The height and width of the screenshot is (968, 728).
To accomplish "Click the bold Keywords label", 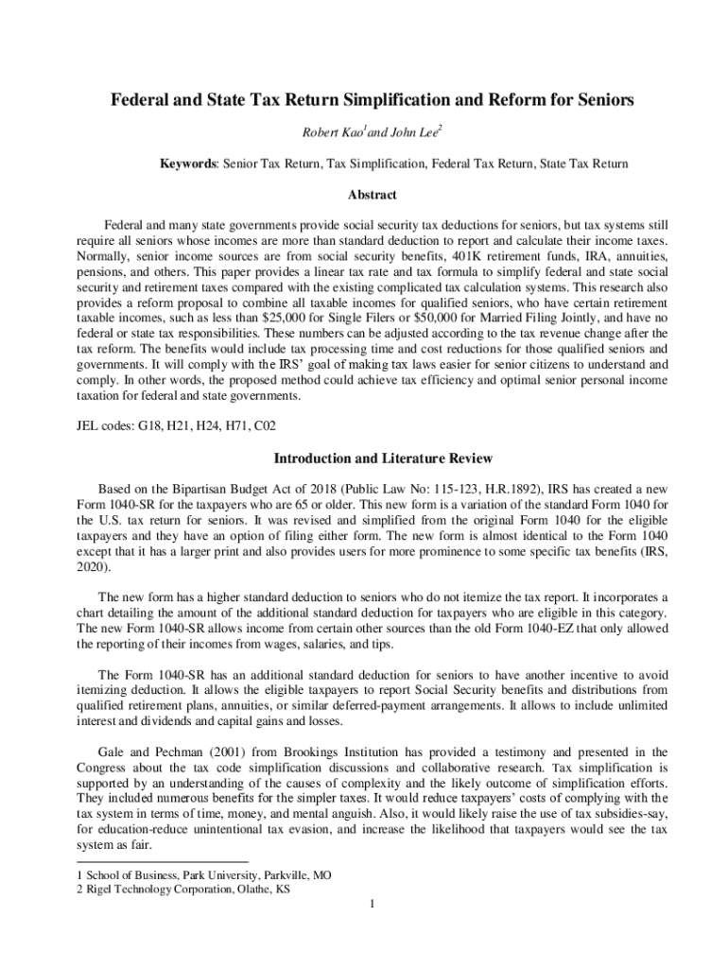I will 188,164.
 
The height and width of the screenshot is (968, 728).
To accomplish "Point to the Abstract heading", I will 364,195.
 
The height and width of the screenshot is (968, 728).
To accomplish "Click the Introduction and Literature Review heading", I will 364,458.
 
